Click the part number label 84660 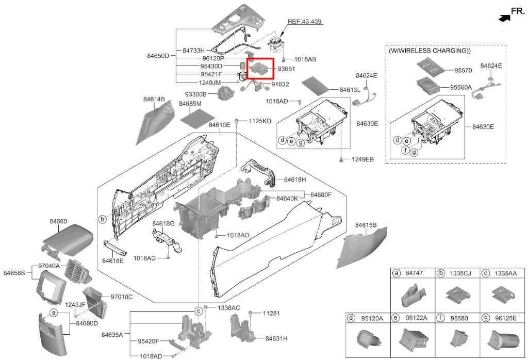point(58,221)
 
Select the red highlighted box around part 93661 point(261,68)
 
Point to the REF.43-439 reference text point(305,22)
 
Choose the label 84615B point(366,225)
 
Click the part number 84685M point(190,104)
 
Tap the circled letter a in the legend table point(397,273)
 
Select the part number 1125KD point(260,121)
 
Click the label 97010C point(121,297)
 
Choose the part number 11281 point(271,313)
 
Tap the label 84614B point(154,99)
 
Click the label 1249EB point(362,159)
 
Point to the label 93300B point(196,94)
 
